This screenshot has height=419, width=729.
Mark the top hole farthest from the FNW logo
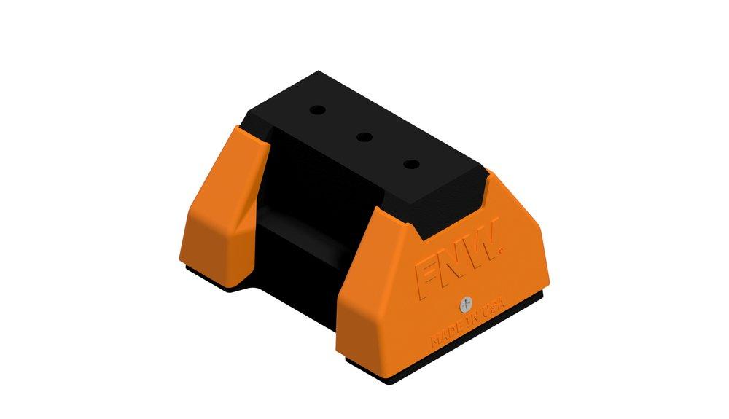316,111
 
